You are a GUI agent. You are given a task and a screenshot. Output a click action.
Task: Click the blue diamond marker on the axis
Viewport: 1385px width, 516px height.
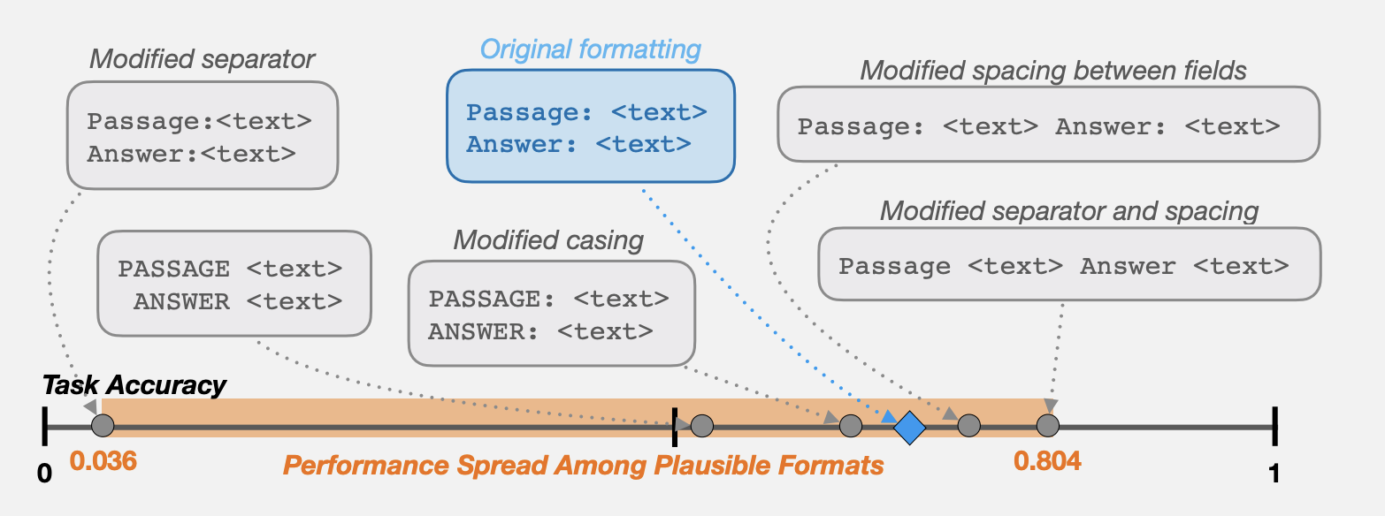909,428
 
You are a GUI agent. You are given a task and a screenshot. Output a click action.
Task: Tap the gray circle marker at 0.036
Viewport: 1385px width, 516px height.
103,426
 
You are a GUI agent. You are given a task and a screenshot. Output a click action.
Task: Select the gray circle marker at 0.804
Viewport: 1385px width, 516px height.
1047,426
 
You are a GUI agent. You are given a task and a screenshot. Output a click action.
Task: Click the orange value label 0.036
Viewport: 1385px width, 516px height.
103,461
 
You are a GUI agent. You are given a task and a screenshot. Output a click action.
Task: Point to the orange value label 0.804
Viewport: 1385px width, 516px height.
1047,461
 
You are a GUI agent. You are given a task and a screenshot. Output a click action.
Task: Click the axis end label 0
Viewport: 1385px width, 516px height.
44,474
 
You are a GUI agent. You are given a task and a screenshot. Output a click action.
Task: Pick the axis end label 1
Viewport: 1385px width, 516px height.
1274,474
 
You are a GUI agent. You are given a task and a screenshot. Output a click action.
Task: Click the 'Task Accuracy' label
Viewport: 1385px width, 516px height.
134,385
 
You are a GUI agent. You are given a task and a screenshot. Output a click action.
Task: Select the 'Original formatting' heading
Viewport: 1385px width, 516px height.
591,49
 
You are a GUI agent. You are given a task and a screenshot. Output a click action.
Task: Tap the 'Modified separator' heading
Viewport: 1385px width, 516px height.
203,59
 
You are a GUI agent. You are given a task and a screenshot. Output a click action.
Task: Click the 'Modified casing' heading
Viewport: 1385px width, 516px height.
548,240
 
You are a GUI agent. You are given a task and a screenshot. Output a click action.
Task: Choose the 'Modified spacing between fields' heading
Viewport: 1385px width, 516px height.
1053,71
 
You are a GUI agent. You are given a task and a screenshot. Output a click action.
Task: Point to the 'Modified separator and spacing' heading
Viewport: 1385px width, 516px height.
1069,211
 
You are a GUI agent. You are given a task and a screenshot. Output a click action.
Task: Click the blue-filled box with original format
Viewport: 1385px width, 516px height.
591,126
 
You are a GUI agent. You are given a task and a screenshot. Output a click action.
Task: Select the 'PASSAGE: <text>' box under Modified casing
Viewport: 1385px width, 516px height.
552,314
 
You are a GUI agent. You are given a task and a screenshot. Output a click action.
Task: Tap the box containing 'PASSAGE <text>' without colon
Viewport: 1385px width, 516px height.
234,284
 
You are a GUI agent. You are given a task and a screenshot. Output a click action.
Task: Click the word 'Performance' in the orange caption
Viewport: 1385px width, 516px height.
366,466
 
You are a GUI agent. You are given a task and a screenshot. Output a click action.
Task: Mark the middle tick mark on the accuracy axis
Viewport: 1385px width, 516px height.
674,427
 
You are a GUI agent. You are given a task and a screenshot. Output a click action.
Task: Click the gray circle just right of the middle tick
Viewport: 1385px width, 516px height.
701,426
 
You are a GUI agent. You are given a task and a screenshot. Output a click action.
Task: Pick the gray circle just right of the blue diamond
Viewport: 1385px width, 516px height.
969,426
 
